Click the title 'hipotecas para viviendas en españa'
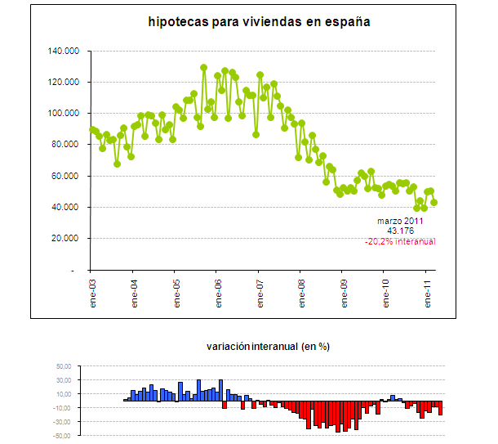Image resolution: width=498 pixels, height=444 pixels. (x=260, y=22)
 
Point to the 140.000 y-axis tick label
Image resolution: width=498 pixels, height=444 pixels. (x=64, y=51)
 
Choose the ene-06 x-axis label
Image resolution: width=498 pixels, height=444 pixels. (x=217, y=291)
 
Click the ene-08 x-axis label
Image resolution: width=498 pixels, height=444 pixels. (x=301, y=291)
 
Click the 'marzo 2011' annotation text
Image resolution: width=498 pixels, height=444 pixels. (x=399, y=222)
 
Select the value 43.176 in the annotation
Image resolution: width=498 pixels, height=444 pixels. (x=399, y=231)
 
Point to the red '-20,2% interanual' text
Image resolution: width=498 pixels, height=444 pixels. (x=400, y=242)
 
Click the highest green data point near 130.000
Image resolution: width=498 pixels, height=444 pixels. (x=203, y=68)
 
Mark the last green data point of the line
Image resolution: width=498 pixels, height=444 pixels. (x=434, y=202)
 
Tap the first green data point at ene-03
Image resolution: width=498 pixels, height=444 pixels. (x=91, y=129)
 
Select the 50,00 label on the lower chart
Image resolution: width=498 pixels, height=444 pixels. (x=64, y=368)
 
